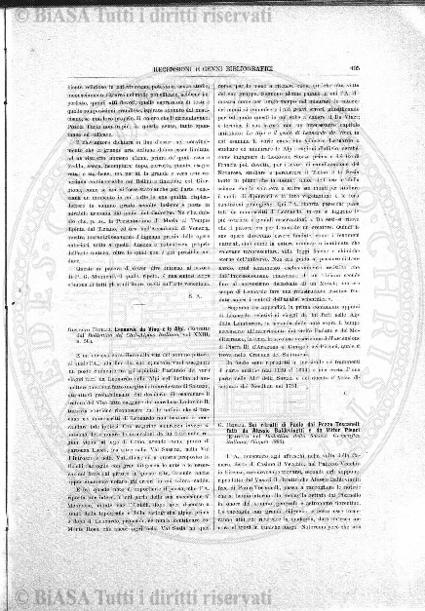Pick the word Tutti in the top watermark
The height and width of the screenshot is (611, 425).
tap(96, 16)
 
